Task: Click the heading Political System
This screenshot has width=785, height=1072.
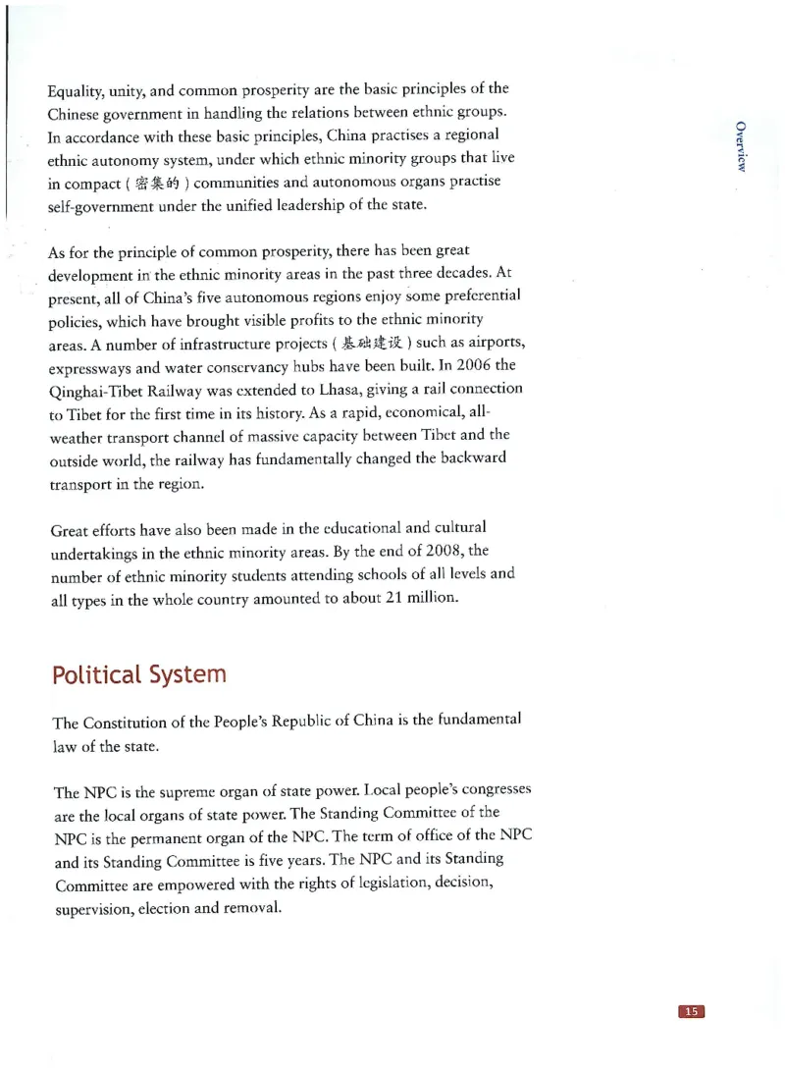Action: click(x=138, y=675)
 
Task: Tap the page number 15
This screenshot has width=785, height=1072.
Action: click(x=692, y=1012)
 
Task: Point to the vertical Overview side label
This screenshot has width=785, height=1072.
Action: click(x=742, y=146)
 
